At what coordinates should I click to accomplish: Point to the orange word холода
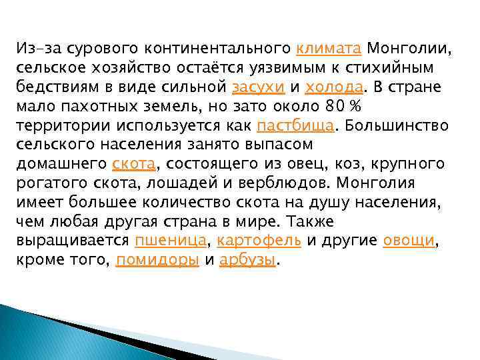coord(334,87)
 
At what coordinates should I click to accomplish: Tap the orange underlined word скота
coord(133,164)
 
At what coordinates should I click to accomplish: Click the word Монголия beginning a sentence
coord(377,183)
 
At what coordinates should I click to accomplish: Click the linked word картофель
coord(259,241)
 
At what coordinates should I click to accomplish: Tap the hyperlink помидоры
coord(157,260)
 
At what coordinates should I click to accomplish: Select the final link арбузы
coord(247,260)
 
